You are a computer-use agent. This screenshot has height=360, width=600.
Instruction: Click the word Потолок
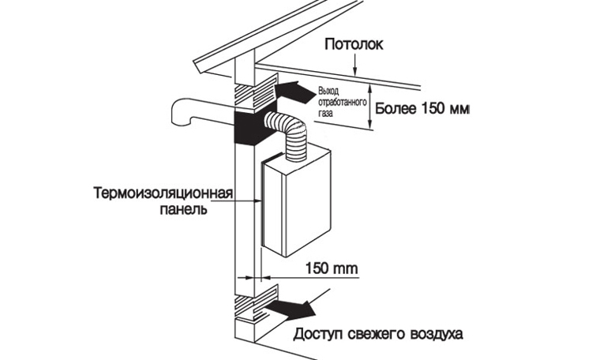pyautogui.click(x=354, y=44)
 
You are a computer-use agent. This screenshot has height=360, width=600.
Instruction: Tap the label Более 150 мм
pyautogui.click(x=422, y=109)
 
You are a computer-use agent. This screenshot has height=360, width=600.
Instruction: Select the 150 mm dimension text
pyautogui.click(x=332, y=268)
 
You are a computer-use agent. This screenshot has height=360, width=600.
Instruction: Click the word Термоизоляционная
pyautogui.click(x=163, y=193)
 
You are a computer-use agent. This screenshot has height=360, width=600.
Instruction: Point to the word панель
pyautogui.click(x=184, y=210)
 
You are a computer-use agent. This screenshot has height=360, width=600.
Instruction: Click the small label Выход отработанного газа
pyautogui.click(x=342, y=103)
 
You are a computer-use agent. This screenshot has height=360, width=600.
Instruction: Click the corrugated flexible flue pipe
pyautogui.click(x=287, y=133)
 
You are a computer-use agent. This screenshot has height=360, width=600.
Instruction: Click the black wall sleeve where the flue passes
pyautogui.click(x=249, y=128)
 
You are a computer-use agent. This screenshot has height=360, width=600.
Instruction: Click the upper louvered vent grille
pyautogui.click(x=255, y=91)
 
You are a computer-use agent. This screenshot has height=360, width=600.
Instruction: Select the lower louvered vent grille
pyautogui.click(x=256, y=302)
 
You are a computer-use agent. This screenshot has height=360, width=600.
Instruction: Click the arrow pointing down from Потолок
pyautogui.click(x=354, y=64)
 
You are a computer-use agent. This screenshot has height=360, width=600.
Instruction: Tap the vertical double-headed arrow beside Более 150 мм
pyautogui.click(x=369, y=106)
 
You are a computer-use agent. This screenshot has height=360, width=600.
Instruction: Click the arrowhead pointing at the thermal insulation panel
pyautogui.click(x=257, y=200)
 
